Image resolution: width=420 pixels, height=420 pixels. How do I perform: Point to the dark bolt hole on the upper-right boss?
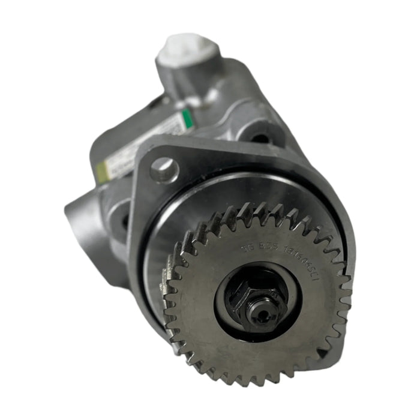(x=260, y=136)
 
